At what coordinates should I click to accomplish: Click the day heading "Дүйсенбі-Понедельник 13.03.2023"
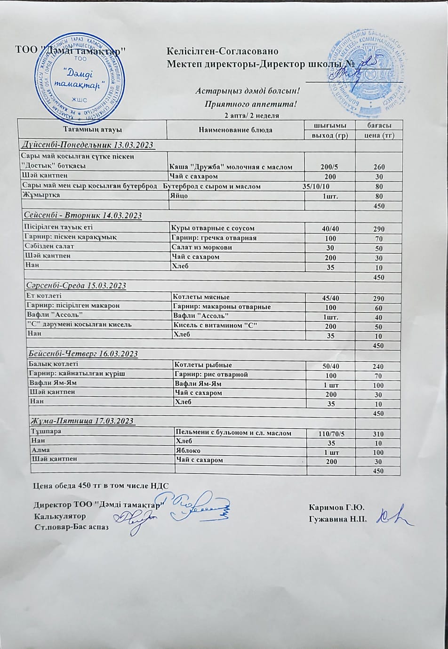click(88, 144)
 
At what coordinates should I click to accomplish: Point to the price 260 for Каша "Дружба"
click(379, 167)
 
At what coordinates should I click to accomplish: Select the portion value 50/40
click(330, 366)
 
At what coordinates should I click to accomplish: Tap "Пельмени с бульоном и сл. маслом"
click(233, 433)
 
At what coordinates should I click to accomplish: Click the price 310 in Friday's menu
click(378, 433)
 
